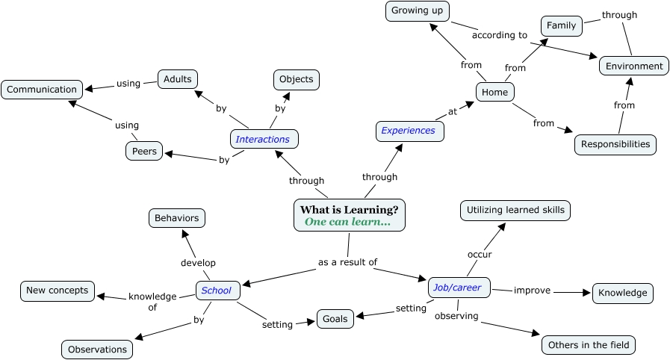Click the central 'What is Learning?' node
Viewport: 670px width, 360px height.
(x=350, y=215)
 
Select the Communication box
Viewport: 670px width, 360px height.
(x=42, y=90)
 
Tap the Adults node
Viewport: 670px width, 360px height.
(x=177, y=78)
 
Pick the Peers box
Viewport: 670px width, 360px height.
(x=144, y=151)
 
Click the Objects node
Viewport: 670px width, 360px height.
(x=297, y=79)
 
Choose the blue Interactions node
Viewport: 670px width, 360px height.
(x=263, y=139)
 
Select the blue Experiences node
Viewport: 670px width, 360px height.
(x=409, y=131)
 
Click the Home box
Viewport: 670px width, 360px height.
(x=495, y=93)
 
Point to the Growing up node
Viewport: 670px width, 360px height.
(x=418, y=11)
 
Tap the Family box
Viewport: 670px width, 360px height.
(x=561, y=25)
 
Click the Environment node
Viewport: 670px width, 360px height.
(x=634, y=66)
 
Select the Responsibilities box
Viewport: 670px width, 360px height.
(x=615, y=144)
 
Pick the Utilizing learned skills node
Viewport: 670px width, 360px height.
(x=515, y=211)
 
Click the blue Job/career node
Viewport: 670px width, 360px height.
(x=459, y=288)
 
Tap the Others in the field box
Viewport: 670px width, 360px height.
(x=589, y=345)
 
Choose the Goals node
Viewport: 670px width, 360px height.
(x=335, y=319)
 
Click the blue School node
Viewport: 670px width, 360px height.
(x=217, y=291)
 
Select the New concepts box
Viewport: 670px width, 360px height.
(x=58, y=291)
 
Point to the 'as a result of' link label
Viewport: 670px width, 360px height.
(x=347, y=262)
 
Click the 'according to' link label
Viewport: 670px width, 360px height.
(x=500, y=35)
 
